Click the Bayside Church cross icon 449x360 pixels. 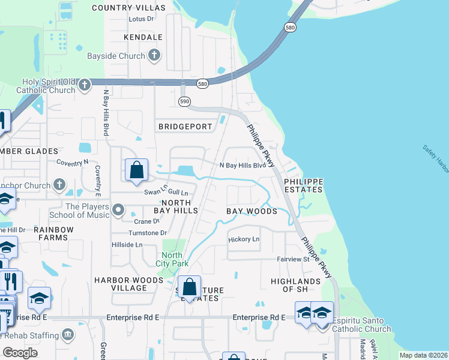coord(154,56)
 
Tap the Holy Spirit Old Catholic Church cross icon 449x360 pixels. coord(85,85)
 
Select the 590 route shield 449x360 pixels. coord(184,102)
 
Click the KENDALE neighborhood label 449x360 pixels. coord(143,37)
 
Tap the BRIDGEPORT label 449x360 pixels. coord(185,127)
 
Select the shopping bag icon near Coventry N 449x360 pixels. coord(137,170)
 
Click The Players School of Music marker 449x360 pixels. coord(118,210)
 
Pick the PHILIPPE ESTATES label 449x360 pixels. coord(303,185)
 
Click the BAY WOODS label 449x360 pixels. coord(252,211)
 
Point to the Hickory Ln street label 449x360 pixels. coord(244,239)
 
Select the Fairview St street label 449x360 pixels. coord(293,260)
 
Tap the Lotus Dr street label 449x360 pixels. coord(141,19)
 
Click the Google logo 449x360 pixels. coord(20,353)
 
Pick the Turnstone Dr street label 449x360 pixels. coord(147,233)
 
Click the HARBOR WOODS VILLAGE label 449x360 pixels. coord(120,284)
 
